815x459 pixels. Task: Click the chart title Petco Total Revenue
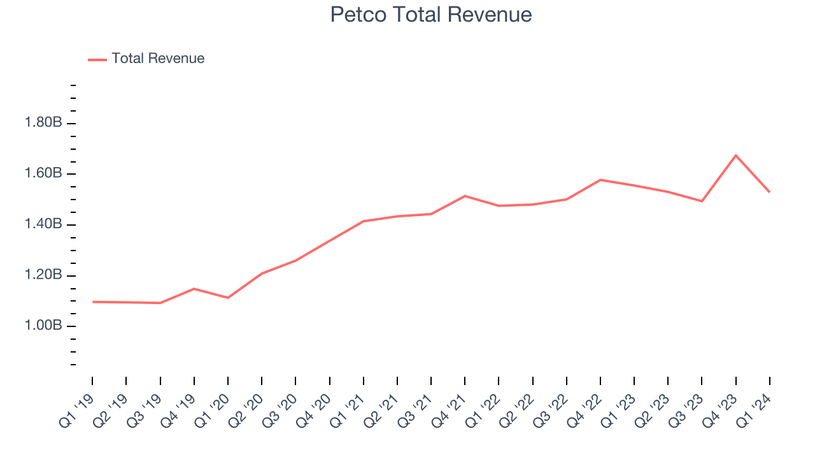click(x=430, y=15)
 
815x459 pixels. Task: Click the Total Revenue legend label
click(x=158, y=59)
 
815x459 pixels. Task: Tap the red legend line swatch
click(x=97, y=59)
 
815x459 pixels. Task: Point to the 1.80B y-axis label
click(x=43, y=122)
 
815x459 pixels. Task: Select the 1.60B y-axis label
click(x=43, y=173)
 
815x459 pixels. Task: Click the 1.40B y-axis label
click(x=43, y=224)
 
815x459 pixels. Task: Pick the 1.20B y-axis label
click(x=43, y=275)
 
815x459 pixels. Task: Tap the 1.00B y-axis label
click(x=43, y=326)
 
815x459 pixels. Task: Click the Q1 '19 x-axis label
click(x=77, y=411)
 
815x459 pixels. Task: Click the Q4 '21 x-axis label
click(x=450, y=411)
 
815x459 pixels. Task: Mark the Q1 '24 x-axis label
click(x=755, y=411)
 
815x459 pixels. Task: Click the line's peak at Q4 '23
click(x=736, y=155)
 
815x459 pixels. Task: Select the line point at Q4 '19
click(x=194, y=289)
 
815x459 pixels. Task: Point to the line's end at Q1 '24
click(x=769, y=192)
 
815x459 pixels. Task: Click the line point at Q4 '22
click(x=600, y=180)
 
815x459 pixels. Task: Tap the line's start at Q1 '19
click(x=92, y=302)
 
